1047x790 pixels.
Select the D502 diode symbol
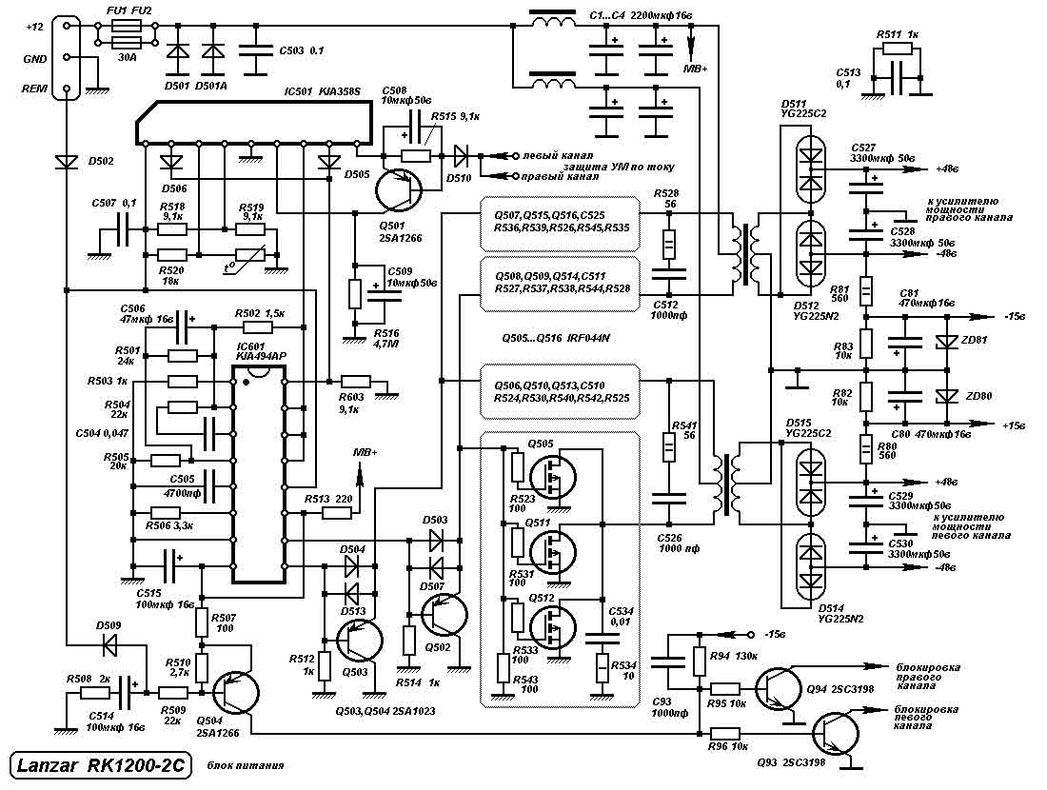pos(67,162)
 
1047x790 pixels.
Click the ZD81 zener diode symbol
pos(946,341)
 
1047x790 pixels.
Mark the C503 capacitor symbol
pos(252,49)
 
